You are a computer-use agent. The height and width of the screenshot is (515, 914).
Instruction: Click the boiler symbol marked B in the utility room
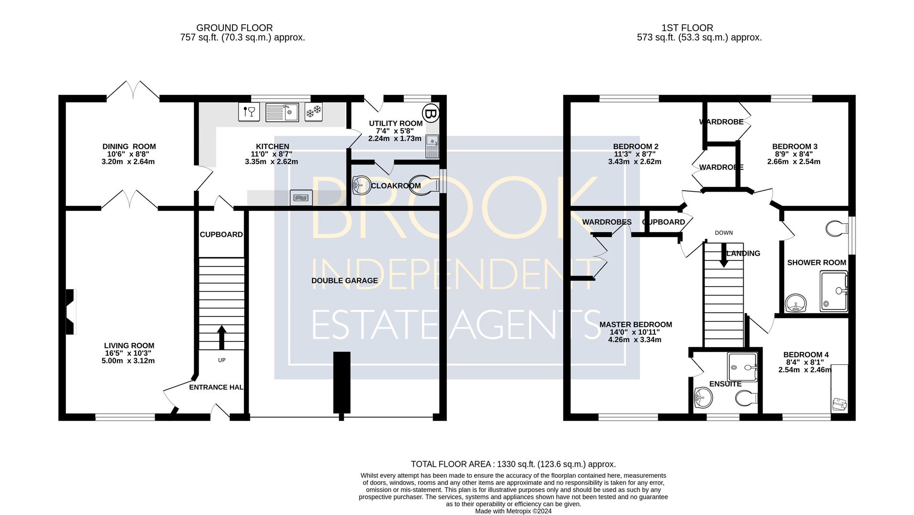click(431, 114)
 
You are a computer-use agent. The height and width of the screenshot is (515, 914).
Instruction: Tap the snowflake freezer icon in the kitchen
click(314, 112)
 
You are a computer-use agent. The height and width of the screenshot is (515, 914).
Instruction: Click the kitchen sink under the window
click(282, 112)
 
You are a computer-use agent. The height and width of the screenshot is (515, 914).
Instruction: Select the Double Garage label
click(345, 280)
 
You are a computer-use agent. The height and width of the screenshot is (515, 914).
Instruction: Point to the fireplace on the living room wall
click(71, 312)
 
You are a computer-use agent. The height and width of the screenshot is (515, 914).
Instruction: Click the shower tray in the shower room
click(834, 291)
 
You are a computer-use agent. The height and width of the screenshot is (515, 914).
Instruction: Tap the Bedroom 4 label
click(806, 355)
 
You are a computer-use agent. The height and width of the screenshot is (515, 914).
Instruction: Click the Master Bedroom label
click(636, 325)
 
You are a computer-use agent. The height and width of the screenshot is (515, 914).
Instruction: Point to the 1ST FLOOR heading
click(687, 28)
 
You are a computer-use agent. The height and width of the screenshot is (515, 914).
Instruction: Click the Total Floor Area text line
click(514, 464)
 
